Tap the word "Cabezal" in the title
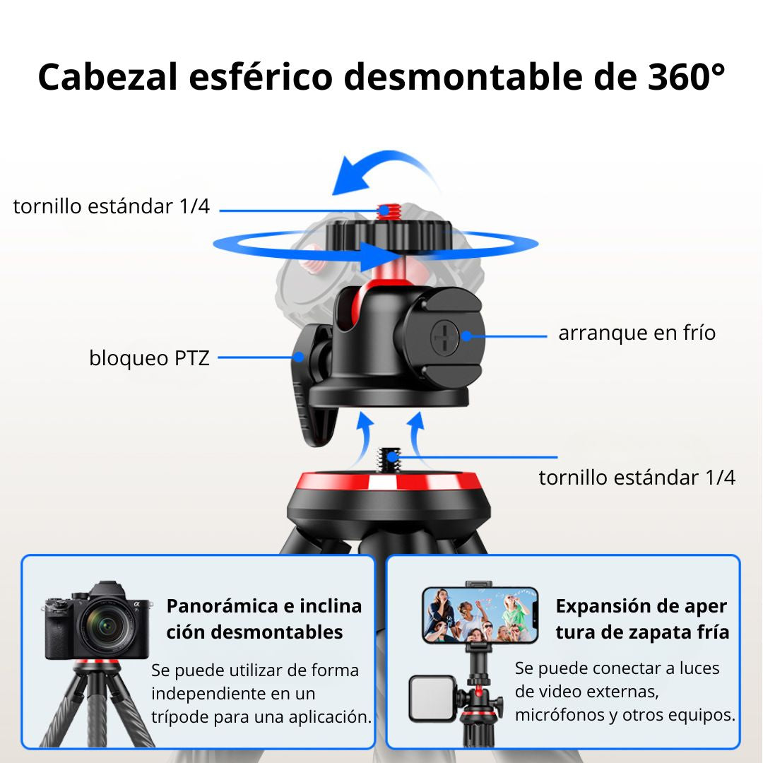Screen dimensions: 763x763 pos(107,77)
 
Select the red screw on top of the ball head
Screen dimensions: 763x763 pos(389,211)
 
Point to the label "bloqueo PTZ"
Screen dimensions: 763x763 pos(149,358)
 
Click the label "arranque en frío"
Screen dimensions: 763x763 pos(637,333)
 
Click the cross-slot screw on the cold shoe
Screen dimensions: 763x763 pos(444,337)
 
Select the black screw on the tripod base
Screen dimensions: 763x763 pos(389,460)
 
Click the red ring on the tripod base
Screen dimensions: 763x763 pos(389,481)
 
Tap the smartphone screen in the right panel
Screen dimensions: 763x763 pos(480,615)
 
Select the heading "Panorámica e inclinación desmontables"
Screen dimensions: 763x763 pos(264,619)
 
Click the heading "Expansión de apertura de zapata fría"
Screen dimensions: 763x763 pos(642,619)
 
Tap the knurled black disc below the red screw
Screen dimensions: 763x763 pos(389,235)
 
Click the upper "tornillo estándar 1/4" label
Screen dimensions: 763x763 pos(112,206)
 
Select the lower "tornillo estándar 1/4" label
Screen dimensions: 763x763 pos(637,478)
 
